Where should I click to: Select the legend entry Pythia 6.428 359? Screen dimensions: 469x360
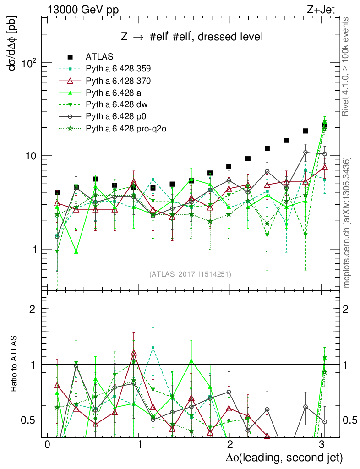(118, 69)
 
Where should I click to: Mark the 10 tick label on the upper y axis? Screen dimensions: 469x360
(31, 156)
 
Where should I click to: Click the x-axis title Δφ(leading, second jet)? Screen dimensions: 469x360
(284, 457)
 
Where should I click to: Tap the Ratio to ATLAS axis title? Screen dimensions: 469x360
(14, 364)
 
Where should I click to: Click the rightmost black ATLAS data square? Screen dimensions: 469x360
(324, 125)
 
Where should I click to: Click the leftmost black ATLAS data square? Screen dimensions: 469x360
(57, 193)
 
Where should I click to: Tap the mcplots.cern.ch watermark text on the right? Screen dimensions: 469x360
(347, 222)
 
